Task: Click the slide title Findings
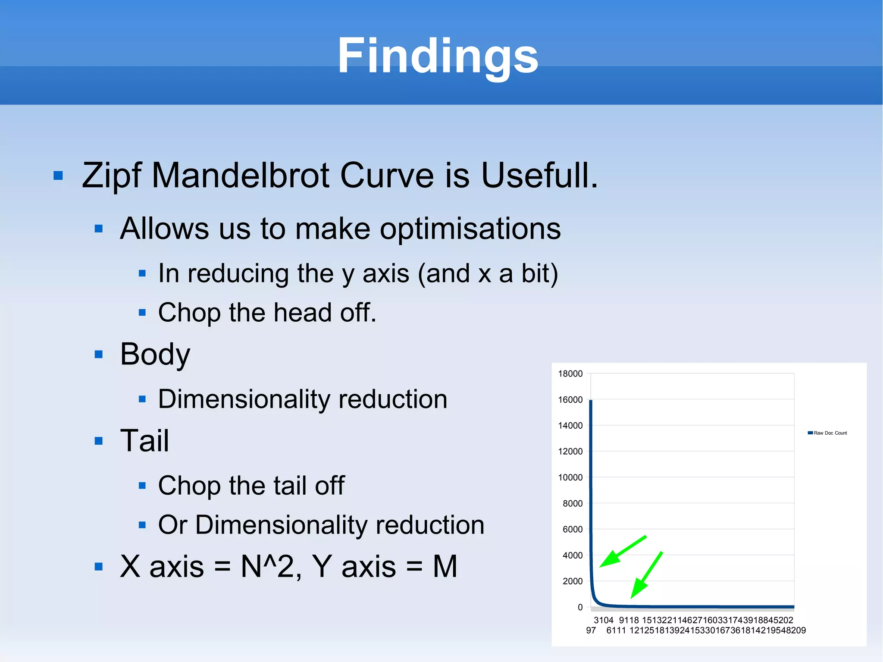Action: [438, 56]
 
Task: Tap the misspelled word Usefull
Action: [539, 176]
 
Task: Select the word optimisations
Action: [470, 229]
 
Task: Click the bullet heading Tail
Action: [144, 441]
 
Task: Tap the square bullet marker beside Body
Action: [99, 355]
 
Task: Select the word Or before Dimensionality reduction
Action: [172, 525]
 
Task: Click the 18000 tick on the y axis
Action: [570, 374]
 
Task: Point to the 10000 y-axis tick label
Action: [570, 477]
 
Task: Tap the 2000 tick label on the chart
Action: [572, 581]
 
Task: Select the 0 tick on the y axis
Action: [580, 607]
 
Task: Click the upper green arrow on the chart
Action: [623, 552]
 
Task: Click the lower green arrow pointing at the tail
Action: [646, 575]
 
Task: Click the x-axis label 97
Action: [591, 631]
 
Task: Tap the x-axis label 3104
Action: [603, 620]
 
